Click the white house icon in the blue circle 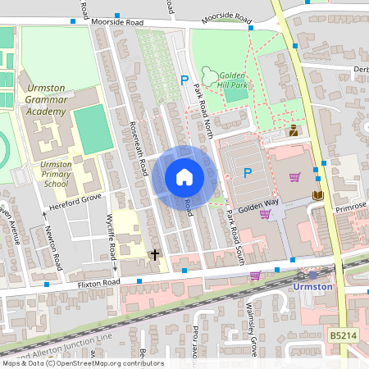click(x=184, y=176)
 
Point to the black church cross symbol click(x=154, y=255)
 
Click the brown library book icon click(x=318, y=194)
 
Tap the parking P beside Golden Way click(x=248, y=172)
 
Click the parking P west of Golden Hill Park click(x=184, y=80)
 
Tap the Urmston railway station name click(x=312, y=287)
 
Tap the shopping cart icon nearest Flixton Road click(x=255, y=276)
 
